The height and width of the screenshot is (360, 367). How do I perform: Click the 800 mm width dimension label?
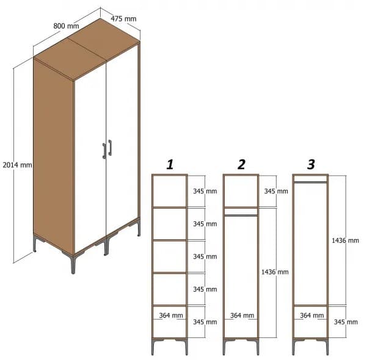pyautogui.click(x=66, y=26)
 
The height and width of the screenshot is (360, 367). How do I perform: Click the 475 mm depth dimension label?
pyautogui.click(x=123, y=19)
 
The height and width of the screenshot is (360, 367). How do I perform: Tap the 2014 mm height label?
pyautogui.click(x=17, y=165)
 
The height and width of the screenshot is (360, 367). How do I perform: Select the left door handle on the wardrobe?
pyautogui.click(x=104, y=151)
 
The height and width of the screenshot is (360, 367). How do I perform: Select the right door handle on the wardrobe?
pyautogui.click(x=111, y=148)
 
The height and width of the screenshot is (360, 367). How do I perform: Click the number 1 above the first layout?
pyautogui.click(x=170, y=164)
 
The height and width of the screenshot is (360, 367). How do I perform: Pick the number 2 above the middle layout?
pyautogui.click(x=241, y=164)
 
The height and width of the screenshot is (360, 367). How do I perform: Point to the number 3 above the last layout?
pyautogui.click(x=311, y=164)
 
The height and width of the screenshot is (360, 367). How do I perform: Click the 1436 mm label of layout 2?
pyautogui.click(x=274, y=272)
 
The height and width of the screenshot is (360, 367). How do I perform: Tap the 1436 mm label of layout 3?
pyautogui.click(x=345, y=240)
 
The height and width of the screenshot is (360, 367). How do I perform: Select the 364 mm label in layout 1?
pyautogui.click(x=171, y=315)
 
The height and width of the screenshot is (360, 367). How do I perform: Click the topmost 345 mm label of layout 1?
pyautogui.click(x=205, y=191)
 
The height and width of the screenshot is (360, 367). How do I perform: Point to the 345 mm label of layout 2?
pyautogui.click(x=275, y=191)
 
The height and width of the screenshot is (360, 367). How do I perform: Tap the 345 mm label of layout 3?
pyautogui.click(x=345, y=322)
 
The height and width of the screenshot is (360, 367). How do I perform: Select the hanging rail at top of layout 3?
pyautogui.click(x=311, y=181)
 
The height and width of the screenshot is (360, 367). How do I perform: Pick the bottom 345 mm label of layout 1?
pyautogui.click(x=205, y=322)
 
